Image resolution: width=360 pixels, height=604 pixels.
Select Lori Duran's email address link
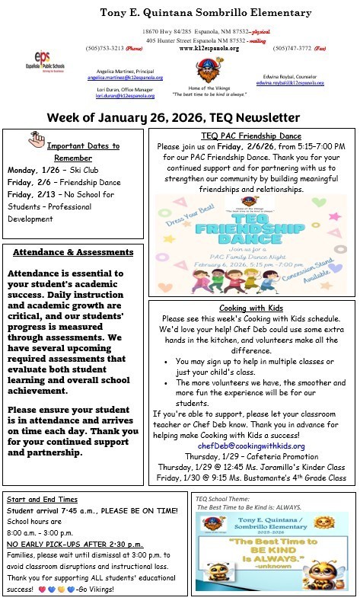click(124, 96)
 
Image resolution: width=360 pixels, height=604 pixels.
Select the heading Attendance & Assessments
click(73, 252)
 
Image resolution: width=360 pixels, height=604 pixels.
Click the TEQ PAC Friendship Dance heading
click(250, 136)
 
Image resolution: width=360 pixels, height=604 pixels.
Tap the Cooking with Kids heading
click(250, 306)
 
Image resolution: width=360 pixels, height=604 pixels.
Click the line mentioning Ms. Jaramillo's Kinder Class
click(250, 466)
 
